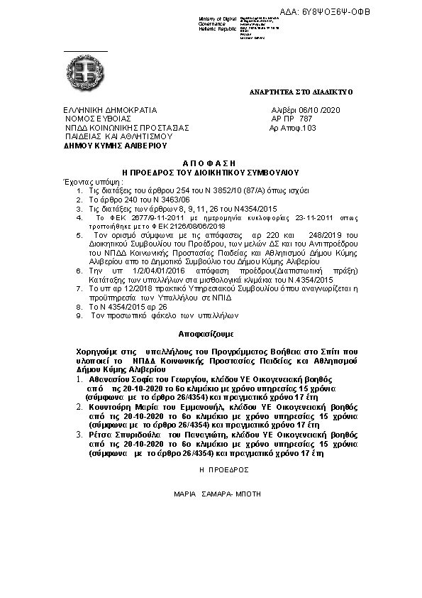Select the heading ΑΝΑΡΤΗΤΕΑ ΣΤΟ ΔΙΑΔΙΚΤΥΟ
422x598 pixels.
(x=301, y=92)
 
